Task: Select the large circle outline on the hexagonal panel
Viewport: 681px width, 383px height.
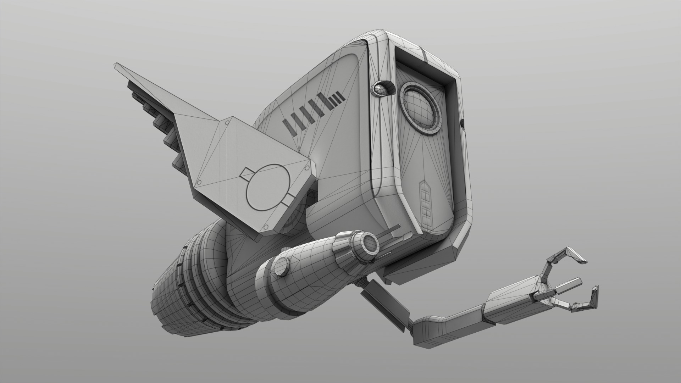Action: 267,187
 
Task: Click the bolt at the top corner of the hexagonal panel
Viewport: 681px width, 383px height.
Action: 226,123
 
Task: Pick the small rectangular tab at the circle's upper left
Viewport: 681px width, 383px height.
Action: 247,173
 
